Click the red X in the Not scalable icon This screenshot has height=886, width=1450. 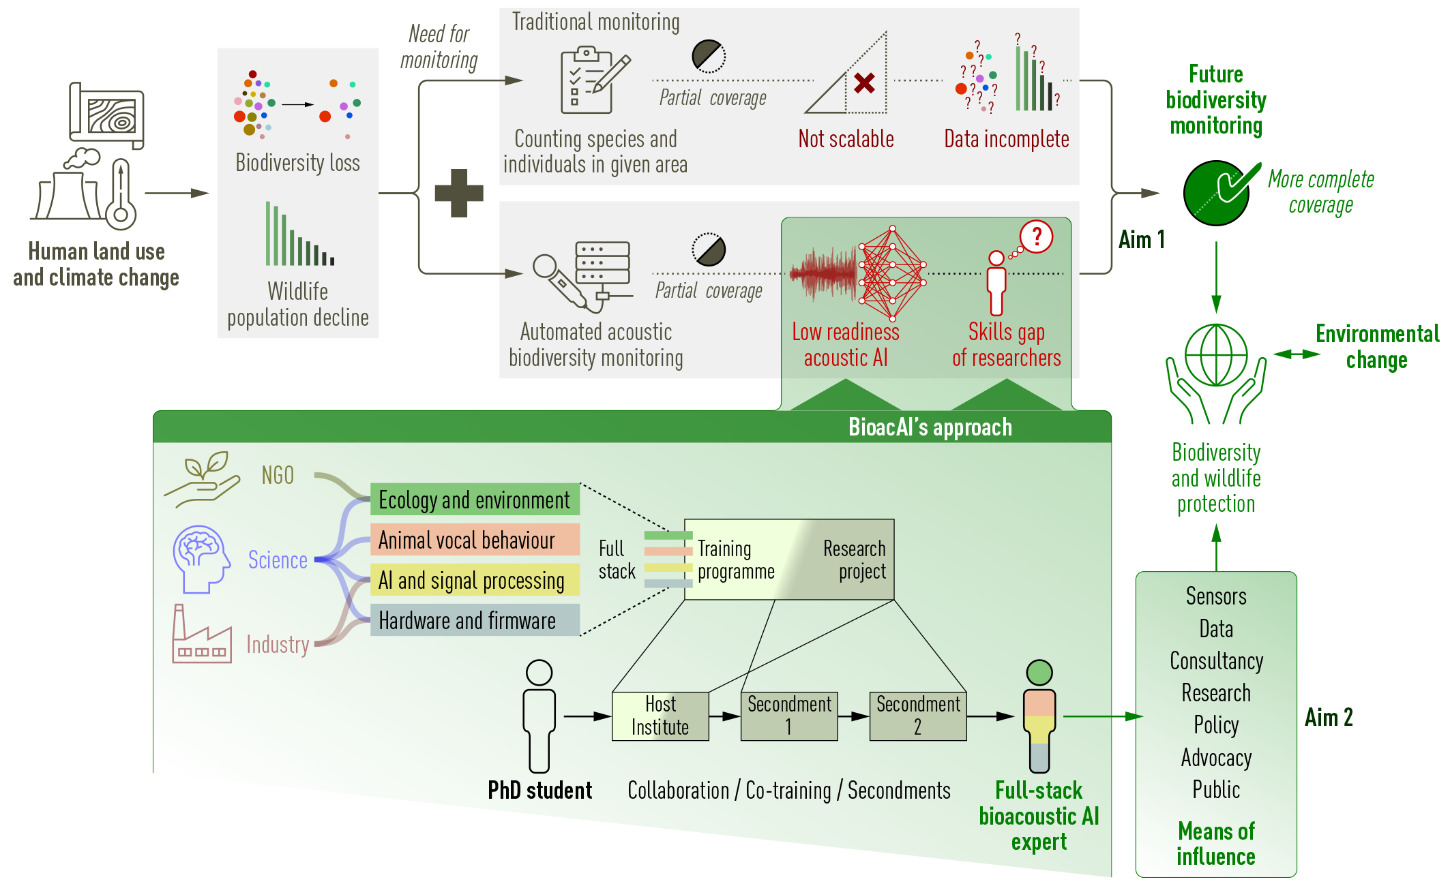click(864, 83)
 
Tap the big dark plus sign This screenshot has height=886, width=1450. click(459, 193)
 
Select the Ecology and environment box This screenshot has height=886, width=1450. click(475, 500)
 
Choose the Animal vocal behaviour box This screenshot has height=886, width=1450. click(475, 540)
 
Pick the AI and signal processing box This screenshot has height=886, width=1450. click(475, 580)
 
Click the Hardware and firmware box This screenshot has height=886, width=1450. click(475, 620)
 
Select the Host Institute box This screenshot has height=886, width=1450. click(660, 716)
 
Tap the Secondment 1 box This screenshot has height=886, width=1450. click(789, 716)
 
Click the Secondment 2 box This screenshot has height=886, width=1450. click(918, 716)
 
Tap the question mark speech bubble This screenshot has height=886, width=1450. click(1037, 236)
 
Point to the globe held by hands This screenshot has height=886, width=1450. click(1216, 356)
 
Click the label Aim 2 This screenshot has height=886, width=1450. click(1329, 718)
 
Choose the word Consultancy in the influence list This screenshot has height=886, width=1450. click(1216, 661)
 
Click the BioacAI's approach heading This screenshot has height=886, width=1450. click(930, 427)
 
